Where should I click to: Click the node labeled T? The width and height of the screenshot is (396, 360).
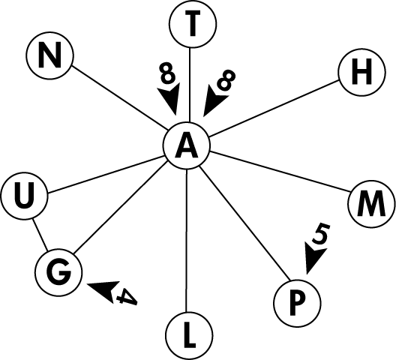click(193, 24)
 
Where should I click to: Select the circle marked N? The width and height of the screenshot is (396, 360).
click(50, 55)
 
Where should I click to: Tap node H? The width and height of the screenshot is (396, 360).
click(362, 72)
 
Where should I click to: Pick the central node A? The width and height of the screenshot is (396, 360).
click(187, 145)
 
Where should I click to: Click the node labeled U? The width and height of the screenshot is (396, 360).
click(24, 196)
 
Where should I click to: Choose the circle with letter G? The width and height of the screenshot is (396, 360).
click(58, 272)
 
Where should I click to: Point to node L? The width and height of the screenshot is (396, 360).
click(190, 336)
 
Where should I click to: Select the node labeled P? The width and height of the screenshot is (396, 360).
click(298, 303)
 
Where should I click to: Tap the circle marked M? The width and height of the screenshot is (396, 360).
click(371, 203)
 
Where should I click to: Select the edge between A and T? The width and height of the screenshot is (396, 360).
click(190, 85)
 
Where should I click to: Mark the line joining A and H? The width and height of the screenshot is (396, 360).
click(274, 109)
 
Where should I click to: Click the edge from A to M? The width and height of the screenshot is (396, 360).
click(279, 171)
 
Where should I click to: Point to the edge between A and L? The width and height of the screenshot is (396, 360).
click(187, 240)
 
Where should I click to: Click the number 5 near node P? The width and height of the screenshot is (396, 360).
click(321, 234)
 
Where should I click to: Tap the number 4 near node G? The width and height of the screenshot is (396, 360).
click(127, 296)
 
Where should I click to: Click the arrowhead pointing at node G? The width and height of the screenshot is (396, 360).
click(103, 290)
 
